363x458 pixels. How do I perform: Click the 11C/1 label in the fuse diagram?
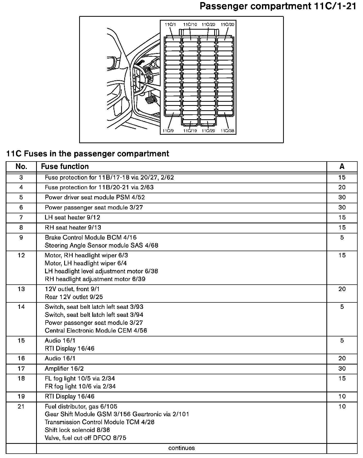(x=170, y=25)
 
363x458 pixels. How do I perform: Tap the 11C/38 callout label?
(x=227, y=131)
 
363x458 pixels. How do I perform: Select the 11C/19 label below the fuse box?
(x=190, y=131)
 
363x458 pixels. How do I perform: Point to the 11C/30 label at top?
(x=227, y=25)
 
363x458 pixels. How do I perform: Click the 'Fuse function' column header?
(x=65, y=166)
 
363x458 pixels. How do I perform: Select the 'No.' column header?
(x=21, y=166)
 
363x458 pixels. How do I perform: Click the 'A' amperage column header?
(x=342, y=166)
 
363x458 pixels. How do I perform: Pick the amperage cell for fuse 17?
(x=342, y=368)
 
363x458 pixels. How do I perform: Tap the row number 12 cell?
(x=21, y=255)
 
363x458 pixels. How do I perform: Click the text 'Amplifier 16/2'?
(x=64, y=369)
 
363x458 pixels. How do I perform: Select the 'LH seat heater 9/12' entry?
(x=72, y=217)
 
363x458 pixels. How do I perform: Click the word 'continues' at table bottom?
(x=181, y=448)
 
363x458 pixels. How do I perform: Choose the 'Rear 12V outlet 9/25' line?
(x=74, y=297)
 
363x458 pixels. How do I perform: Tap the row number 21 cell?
(x=21, y=406)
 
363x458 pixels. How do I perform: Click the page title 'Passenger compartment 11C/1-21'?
(x=278, y=6)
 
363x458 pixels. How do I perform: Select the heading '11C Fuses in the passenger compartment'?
(x=88, y=154)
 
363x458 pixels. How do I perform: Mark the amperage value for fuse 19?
(x=342, y=396)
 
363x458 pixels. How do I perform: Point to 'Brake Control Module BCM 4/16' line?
(x=91, y=238)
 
